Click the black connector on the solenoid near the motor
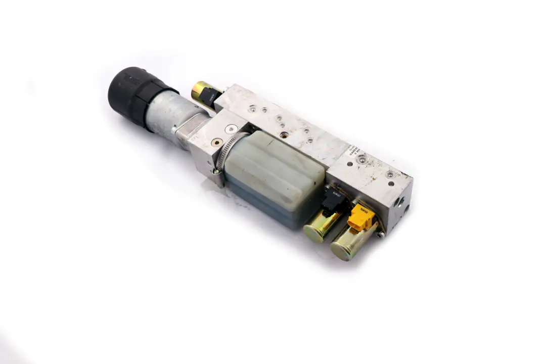click(x=212, y=97)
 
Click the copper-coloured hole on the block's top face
click(x=284, y=135)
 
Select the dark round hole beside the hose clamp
click(x=217, y=143)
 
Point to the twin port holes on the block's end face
click(x=401, y=204)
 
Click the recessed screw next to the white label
click(x=361, y=160)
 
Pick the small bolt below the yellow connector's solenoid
click(x=383, y=234)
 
